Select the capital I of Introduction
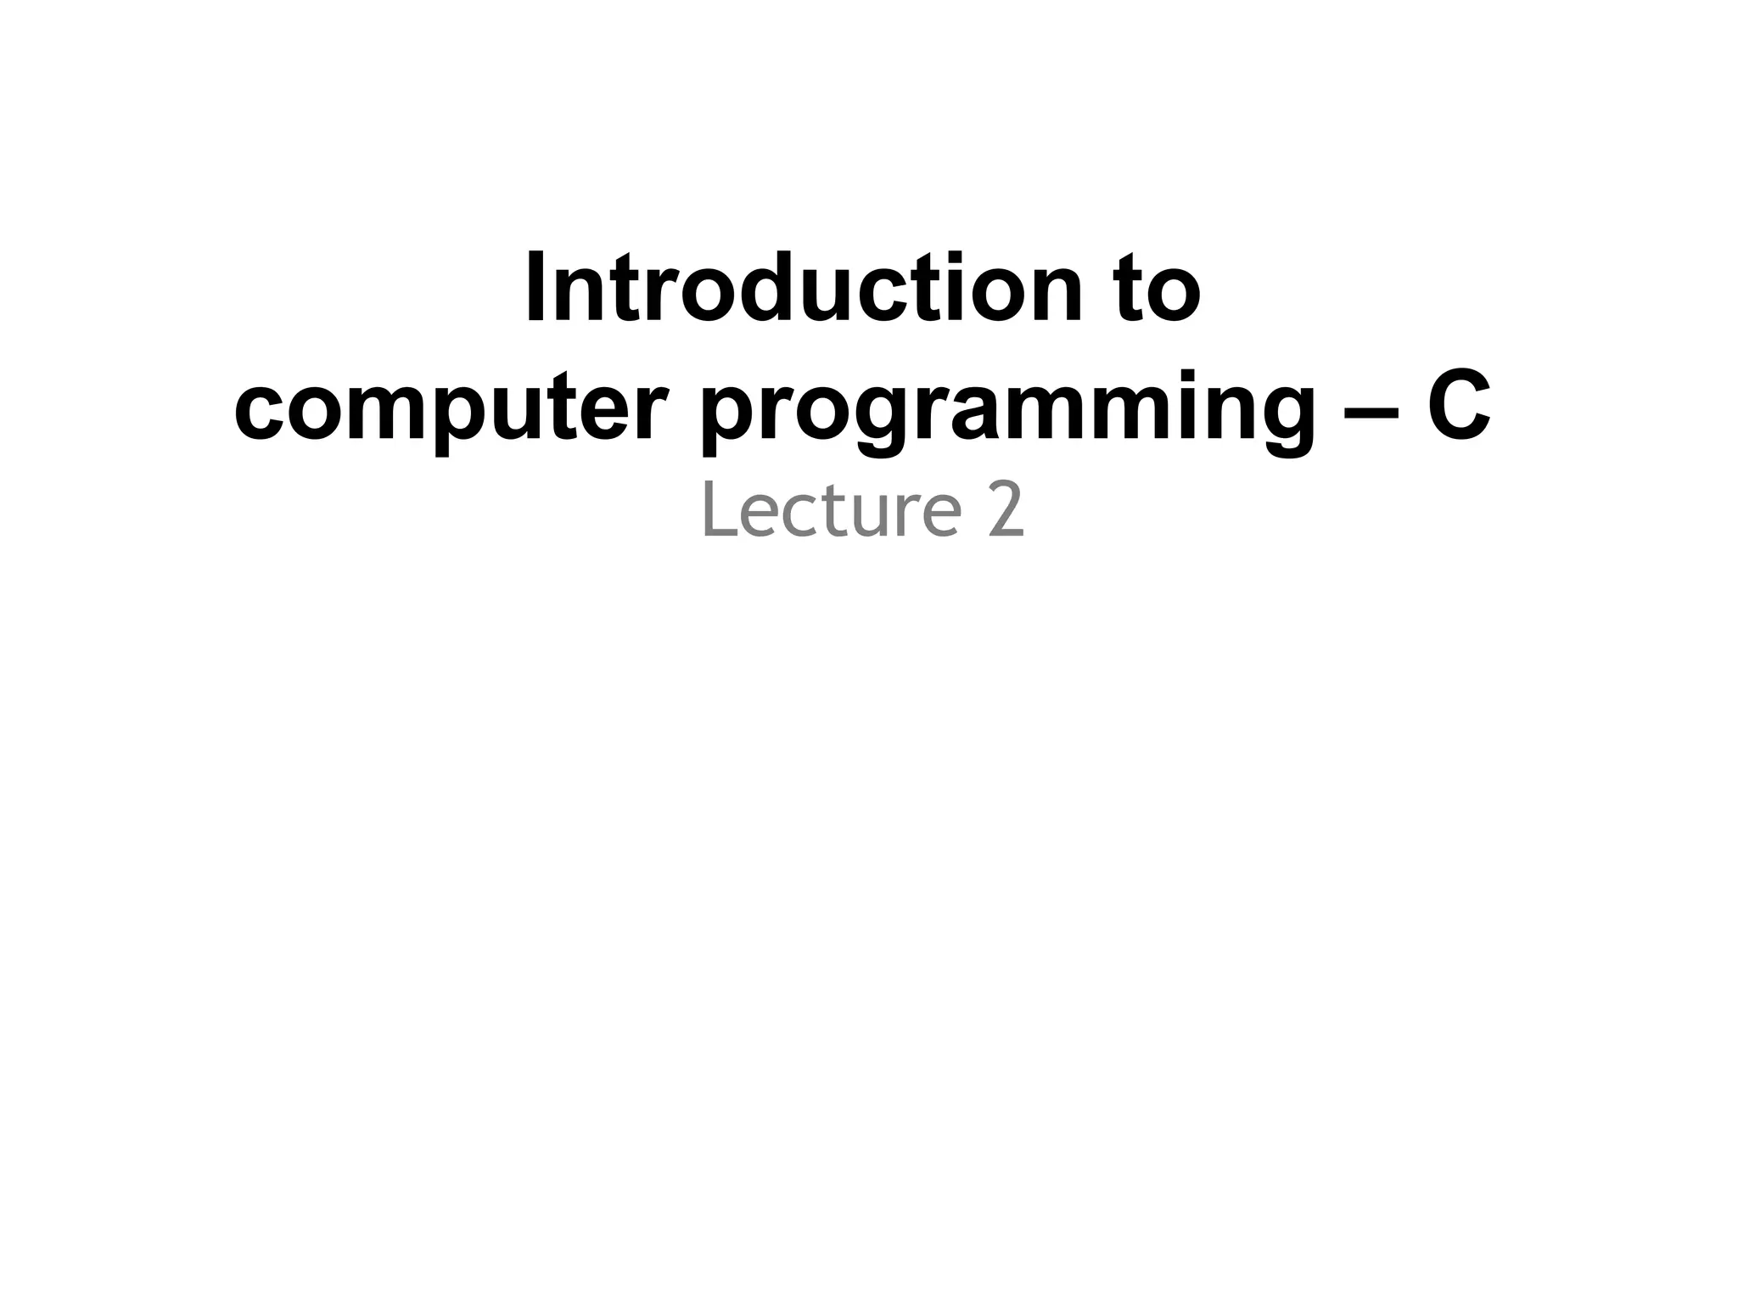pos(535,289)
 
